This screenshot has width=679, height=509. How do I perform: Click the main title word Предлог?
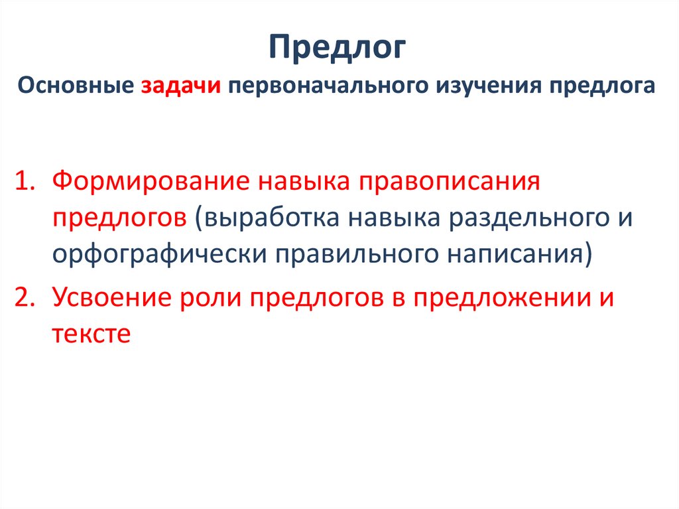pyautogui.click(x=339, y=50)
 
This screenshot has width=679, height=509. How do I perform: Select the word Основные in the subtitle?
pyautogui.click(x=76, y=87)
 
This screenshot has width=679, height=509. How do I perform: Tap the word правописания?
pyautogui.click(x=450, y=182)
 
